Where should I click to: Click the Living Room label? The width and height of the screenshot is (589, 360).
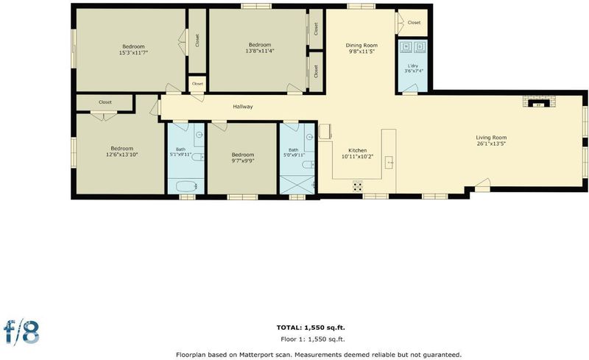(x=491, y=138)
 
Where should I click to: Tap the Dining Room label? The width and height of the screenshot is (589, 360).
(x=361, y=46)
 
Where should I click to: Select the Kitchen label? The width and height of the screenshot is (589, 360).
(x=357, y=150)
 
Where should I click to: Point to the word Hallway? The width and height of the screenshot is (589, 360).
(x=243, y=107)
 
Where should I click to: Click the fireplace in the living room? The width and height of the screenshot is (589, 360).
(x=540, y=102)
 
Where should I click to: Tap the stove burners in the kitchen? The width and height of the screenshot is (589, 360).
(x=358, y=186)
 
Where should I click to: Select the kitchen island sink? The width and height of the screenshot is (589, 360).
(x=389, y=163)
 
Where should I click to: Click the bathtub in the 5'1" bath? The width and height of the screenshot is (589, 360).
(x=186, y=186)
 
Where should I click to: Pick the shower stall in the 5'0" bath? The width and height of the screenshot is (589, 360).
(x=297, y=186)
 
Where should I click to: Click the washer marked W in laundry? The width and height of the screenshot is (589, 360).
(x=406, y=46)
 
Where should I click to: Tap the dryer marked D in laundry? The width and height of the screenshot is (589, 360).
(x=420, y=46)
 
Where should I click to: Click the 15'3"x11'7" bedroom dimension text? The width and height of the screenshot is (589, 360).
(x=133, y=53)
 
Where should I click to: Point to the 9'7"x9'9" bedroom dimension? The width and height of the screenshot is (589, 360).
(x=243, y=160)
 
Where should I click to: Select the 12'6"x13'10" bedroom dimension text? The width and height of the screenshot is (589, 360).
(x=122, y=155)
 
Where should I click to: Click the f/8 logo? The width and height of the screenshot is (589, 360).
(x=21, y=332)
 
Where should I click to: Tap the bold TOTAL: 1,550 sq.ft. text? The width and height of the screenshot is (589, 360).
(x=311, y=328)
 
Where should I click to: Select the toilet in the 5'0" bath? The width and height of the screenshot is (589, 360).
(x=308, y=164)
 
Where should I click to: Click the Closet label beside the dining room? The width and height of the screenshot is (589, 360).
(x=414, y=23)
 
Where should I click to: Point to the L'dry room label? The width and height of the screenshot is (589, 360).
(x=413, y=66)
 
